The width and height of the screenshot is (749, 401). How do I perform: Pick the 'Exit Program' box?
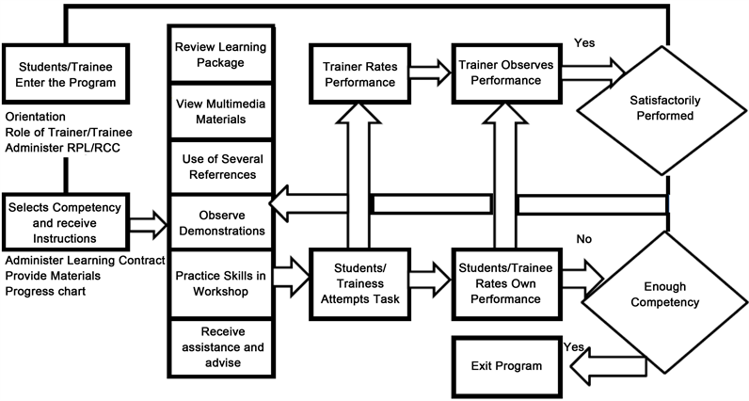click(508, 365)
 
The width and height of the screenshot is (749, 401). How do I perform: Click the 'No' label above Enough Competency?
click(583, 239)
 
